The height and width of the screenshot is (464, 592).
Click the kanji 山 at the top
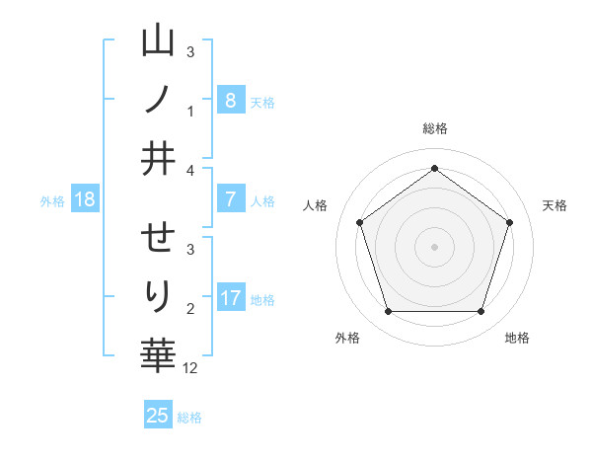point(158,41)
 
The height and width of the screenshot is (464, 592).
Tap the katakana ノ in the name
point(158,99)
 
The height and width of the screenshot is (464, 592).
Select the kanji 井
point(158,159)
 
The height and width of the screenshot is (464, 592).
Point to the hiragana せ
point(158,238)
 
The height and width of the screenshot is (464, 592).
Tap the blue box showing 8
point(230,100)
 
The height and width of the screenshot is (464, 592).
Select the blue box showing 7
point(230,199)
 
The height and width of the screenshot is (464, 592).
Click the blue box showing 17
point(230,298)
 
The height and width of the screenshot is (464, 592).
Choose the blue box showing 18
point(85,199)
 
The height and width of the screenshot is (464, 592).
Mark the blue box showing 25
point(158,416)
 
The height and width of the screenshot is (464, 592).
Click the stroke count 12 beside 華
point(190,367)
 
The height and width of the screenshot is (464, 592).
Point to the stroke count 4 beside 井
point(190,170)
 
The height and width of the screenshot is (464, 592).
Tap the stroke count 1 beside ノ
point(190,111)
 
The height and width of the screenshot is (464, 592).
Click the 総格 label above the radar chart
point(434,128)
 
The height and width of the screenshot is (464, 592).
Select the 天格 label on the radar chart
point(555,205)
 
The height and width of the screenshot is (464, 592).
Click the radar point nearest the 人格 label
point(359,222)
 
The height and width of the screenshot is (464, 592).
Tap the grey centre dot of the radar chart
point(434,246)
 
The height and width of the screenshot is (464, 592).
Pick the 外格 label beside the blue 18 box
point(52,200)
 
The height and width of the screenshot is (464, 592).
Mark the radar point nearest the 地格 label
point(481,312)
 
